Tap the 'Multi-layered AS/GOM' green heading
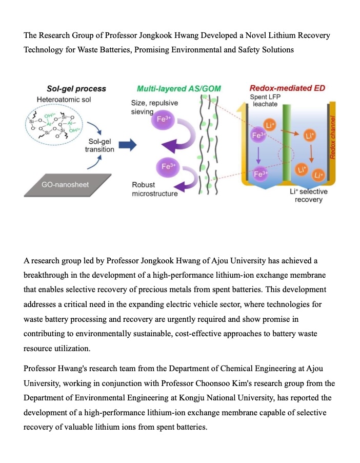click(179, 88)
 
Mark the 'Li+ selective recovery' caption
click(308, 195)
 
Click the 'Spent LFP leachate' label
click(265, 100)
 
